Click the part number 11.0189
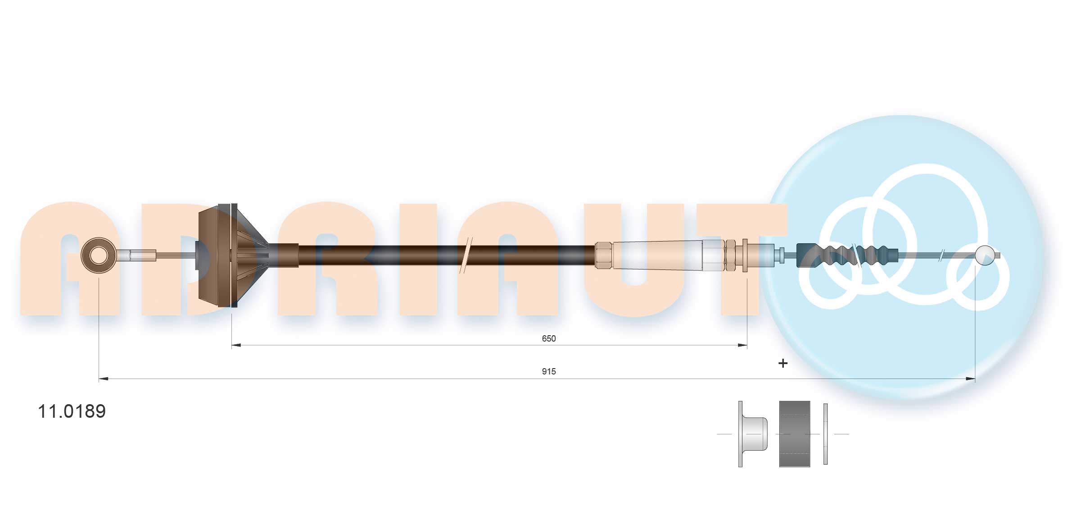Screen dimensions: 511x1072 pyautogui.click(x=72, y=411)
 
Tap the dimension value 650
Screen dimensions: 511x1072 pyautogui.click(x=548, y=338)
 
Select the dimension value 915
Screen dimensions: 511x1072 pyautogui.click(x=548, y=371)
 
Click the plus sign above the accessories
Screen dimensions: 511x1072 pyautogui.click(x=783, y=363)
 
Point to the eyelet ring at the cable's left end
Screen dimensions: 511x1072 pyautogui.click(x=99, y=255)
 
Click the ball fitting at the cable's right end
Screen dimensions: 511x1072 pyautogui.click(x=984, y=255)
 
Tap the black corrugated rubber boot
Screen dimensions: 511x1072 pyautogui.click(x=846, y=255)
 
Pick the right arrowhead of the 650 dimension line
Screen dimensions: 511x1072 pyautogui.click(x=742, y=346)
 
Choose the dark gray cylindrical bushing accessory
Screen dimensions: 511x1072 pyautogui.click(x=794, y=433)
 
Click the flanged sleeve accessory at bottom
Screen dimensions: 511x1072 pyautogui.click(x=753, y=433)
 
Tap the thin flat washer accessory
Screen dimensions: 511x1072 pyautogui.click(x=825, y=433)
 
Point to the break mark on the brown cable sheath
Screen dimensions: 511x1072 pyautogui.click(x=465, y=255)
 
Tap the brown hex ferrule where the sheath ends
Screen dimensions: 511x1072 pyautogui.click(x=603, y=255)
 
